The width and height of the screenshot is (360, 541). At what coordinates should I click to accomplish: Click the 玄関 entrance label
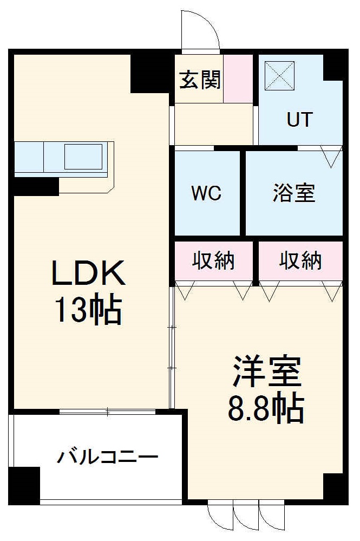(x=200, y=81)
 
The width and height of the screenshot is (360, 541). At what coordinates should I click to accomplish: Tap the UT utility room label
(x=299, y=119)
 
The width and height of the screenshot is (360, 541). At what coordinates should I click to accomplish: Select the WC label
(x=207, y=194)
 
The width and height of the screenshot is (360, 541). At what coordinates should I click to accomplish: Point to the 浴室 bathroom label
(x=294, y=193)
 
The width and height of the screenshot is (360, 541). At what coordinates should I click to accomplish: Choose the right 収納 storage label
(x=300, y=261)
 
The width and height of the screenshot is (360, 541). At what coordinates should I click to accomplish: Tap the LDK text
(x=88, y=274)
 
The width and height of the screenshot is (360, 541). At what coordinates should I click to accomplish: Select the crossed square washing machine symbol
(x=279, y=75)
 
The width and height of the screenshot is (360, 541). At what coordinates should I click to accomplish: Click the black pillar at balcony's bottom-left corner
(x=25, y=484)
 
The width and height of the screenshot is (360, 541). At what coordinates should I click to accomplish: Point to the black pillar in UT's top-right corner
(x=333, y=67)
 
